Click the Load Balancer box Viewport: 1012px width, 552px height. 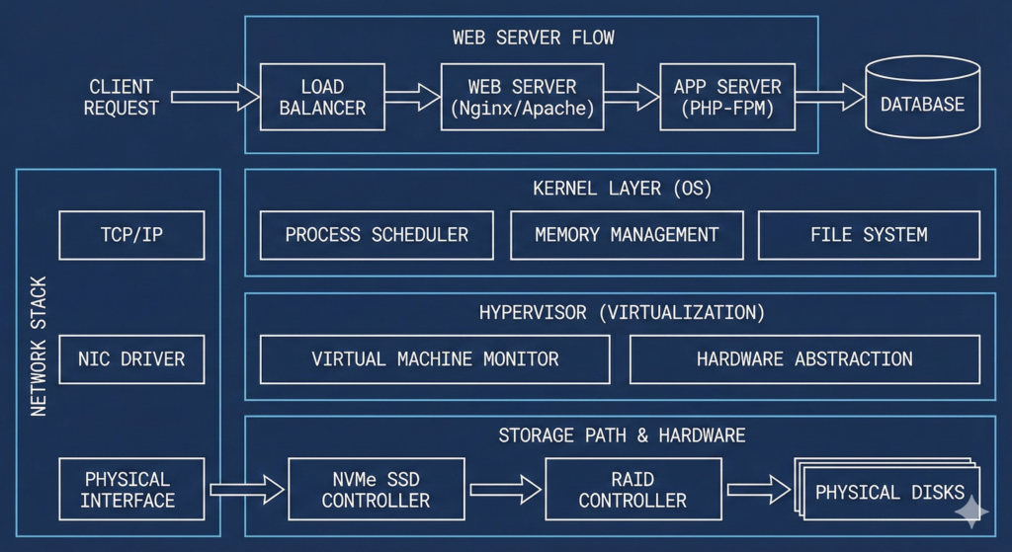point(322,97)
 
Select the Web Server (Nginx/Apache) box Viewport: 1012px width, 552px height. point(522,97)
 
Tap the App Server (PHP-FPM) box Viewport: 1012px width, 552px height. point(727,97)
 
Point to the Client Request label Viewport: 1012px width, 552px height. point(121,97)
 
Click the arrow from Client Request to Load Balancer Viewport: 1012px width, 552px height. point(212,97)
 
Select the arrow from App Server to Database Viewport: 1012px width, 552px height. point(829,97)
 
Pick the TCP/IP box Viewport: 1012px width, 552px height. point(131,235)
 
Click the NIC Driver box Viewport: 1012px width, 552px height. point(131,359)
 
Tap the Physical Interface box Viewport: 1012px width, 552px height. point(131,489)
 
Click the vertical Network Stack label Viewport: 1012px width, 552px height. point(39,346)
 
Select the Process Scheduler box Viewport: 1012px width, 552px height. point(377,235)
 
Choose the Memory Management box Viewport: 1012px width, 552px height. point(627,235)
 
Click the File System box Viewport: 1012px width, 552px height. point(869,235)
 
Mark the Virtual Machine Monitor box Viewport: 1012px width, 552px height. point(435,359)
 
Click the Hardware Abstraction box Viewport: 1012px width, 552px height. point(804,359)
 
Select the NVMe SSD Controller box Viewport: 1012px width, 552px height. point(376,489)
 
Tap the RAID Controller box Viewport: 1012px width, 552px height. point(632,489)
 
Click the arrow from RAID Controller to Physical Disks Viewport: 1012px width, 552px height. point(758,489)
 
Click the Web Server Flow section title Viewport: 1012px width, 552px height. point(533,38)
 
